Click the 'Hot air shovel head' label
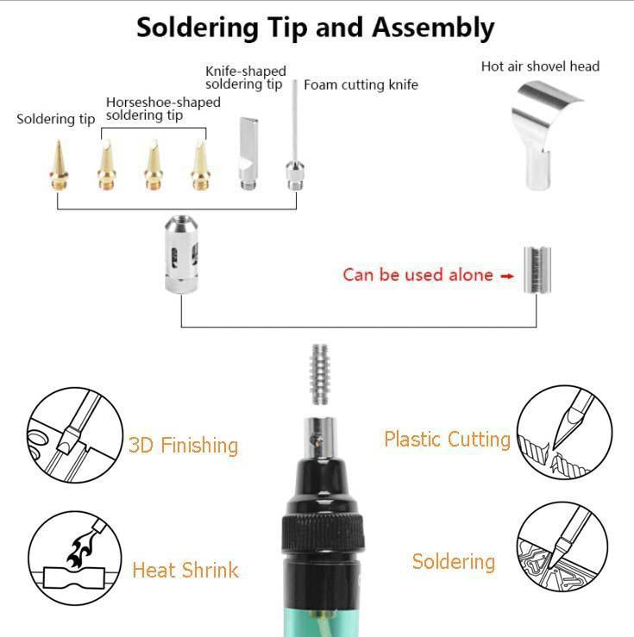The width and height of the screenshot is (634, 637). click(540, 66)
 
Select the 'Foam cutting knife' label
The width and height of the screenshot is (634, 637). click(361, 84)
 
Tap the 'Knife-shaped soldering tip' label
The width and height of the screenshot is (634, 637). click(245, 78)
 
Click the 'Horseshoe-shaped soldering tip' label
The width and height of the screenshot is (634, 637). click(162, 109)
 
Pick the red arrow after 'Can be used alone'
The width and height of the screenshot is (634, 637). click(507, 276)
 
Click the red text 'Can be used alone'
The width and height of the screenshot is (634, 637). click(418, 275)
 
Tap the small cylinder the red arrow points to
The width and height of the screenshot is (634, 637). click(536, 270)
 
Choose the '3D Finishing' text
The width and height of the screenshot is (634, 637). click(183, 445)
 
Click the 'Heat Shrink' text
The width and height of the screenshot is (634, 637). click(185, 570)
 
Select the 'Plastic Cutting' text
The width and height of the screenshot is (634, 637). click(447, 439)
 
